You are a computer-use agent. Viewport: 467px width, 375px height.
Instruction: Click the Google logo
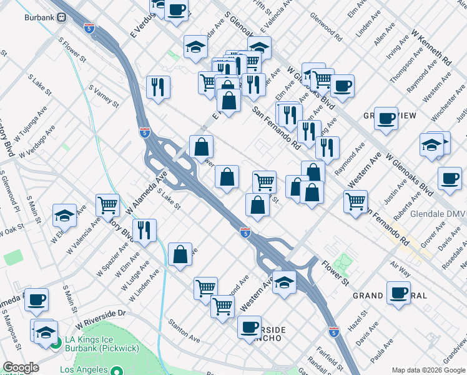[x=21, y=367]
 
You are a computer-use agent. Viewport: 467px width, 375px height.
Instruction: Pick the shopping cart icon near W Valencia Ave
[x=108, y=204]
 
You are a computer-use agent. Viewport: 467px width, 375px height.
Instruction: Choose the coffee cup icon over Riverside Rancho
[x=250, y=327]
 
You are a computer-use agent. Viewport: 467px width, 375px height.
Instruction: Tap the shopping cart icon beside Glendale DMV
[x=355, y=201]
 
